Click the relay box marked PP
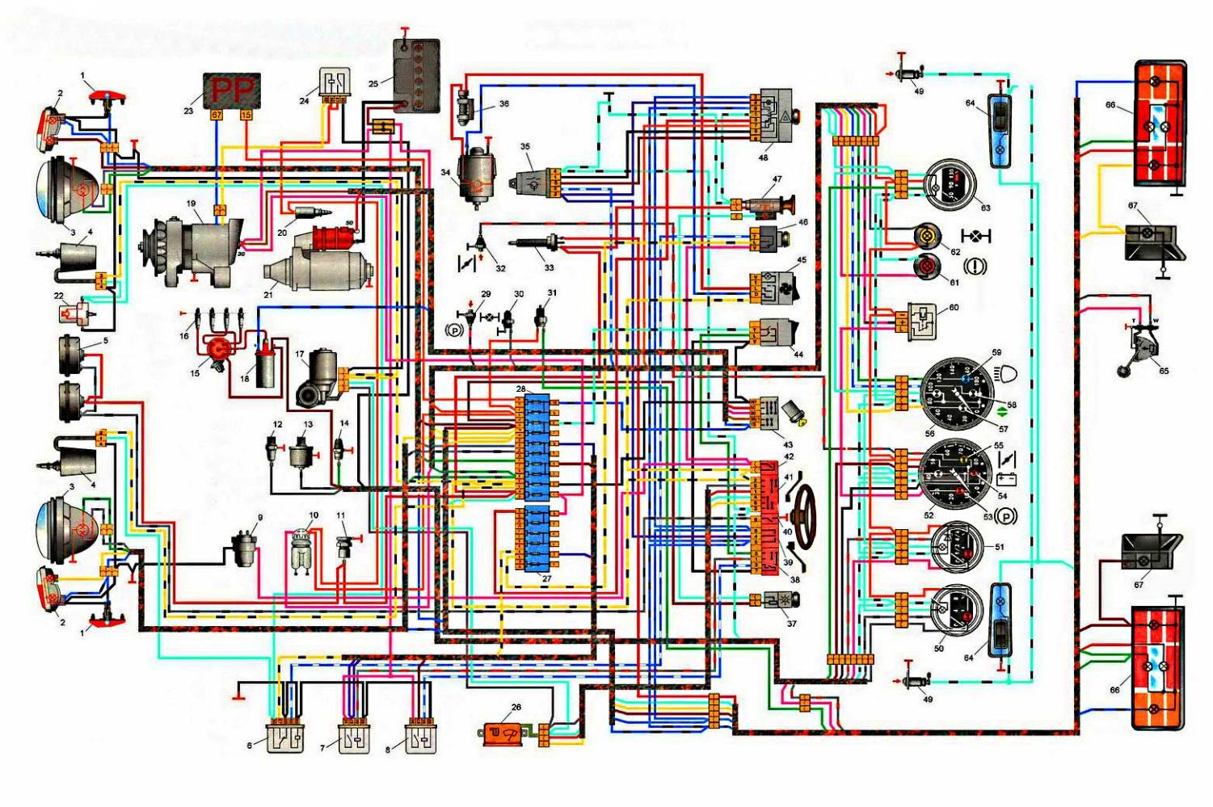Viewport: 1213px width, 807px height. (x=232, y=90)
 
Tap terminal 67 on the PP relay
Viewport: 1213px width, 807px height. (x=217, y=115)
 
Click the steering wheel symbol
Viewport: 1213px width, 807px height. (x=802, y=515)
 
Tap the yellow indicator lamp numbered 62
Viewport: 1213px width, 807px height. (x=927, y=237)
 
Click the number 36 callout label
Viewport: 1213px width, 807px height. (x=504, y=103)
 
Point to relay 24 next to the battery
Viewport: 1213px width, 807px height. (x=334, y=82)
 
